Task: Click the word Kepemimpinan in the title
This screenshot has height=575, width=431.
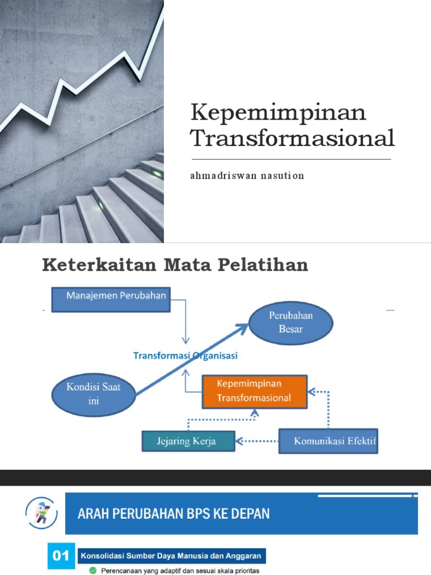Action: pyautogui.click(x=278, y=112)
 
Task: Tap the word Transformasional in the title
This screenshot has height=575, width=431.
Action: pyautogui.click(x=292, y=138)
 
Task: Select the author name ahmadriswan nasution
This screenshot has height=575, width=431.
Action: pyautogui.click(x=247, y=176)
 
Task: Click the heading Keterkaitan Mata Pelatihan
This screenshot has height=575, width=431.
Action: pyautogui.click(x=175, y=265)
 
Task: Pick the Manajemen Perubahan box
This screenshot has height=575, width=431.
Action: pyautogui.click(x=111, y=299)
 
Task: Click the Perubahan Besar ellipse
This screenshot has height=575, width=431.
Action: pyautogui.click(x=291, y=322)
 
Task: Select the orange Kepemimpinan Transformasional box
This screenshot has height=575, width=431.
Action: pyautogui.click(x=254, y=391)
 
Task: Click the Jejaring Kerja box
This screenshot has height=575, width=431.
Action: pyautogui.click(x=187, y=441)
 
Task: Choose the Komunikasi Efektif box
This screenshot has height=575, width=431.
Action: pyautogui.click(x=328, y=441)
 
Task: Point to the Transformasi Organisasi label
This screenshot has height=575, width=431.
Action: pyautogui.click(x=185, y=355)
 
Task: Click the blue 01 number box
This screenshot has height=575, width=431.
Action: pyautogui.click(x=60, y=556)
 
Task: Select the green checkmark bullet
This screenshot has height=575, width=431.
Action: pyautogui.click(x=93, y=571)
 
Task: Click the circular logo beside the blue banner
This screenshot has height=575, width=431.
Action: pyautogui.click(x=42, y=513)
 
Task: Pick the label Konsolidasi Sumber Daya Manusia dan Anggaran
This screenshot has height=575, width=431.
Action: pyautogui.click(x=171, y=556)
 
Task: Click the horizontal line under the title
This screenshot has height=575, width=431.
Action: pyautogui.click(x=291, y=159)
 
